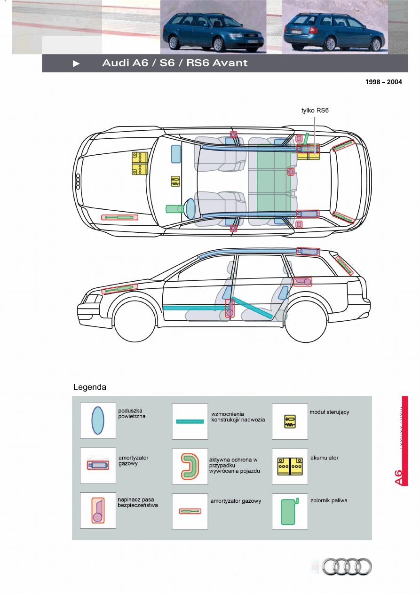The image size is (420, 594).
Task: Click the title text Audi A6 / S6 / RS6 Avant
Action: pos(174,63)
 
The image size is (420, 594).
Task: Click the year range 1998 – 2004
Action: pos(384,82)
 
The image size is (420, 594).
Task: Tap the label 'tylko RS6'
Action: pos(315,111)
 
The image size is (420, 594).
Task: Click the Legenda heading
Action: pos(90,388)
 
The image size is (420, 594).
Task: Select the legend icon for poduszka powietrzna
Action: pos(97,421)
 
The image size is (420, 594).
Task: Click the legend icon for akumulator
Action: pos(290,466)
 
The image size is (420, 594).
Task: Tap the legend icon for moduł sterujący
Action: pos(290,421)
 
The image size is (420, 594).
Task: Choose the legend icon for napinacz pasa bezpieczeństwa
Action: pos(98,510)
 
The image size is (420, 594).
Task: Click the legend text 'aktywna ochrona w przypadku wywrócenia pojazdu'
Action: pos(234,465)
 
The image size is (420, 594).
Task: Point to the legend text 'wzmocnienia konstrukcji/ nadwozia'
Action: pos(238,417)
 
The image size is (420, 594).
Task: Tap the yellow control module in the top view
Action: pos(175,182)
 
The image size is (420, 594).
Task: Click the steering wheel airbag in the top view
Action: pos(190,208)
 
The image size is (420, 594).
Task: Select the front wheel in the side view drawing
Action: pos(135,320)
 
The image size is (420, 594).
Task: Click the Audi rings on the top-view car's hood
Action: pos(78,181)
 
